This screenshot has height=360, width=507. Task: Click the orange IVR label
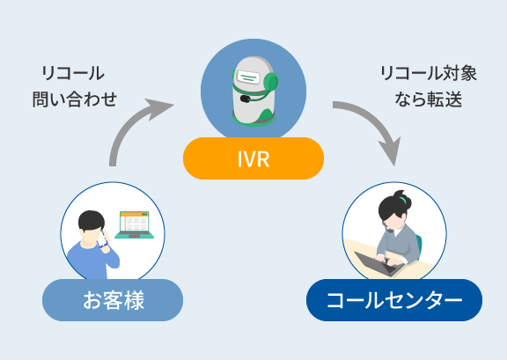pos(253,158)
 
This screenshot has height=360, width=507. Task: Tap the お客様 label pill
pos(113,300)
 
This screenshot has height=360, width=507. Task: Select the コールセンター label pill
pos(394,300)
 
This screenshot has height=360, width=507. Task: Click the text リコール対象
pos(429,73)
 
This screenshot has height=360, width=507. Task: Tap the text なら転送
pos(429,99)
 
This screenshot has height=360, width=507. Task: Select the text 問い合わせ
pos(75,99)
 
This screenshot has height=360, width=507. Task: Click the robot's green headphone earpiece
pos(270,82)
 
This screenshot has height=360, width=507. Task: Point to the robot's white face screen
pos(248,77)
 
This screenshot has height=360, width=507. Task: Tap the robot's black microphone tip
pos(245,99)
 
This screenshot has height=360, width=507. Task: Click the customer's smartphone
pos(103,239)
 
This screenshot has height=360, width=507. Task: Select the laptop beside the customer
pos(134,225)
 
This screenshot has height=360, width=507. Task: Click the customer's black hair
pos(92,220)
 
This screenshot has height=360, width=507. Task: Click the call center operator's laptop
pos(379,263)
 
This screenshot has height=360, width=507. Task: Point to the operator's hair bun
pos(402,199)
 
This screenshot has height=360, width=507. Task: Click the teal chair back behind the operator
pos(419,246)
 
